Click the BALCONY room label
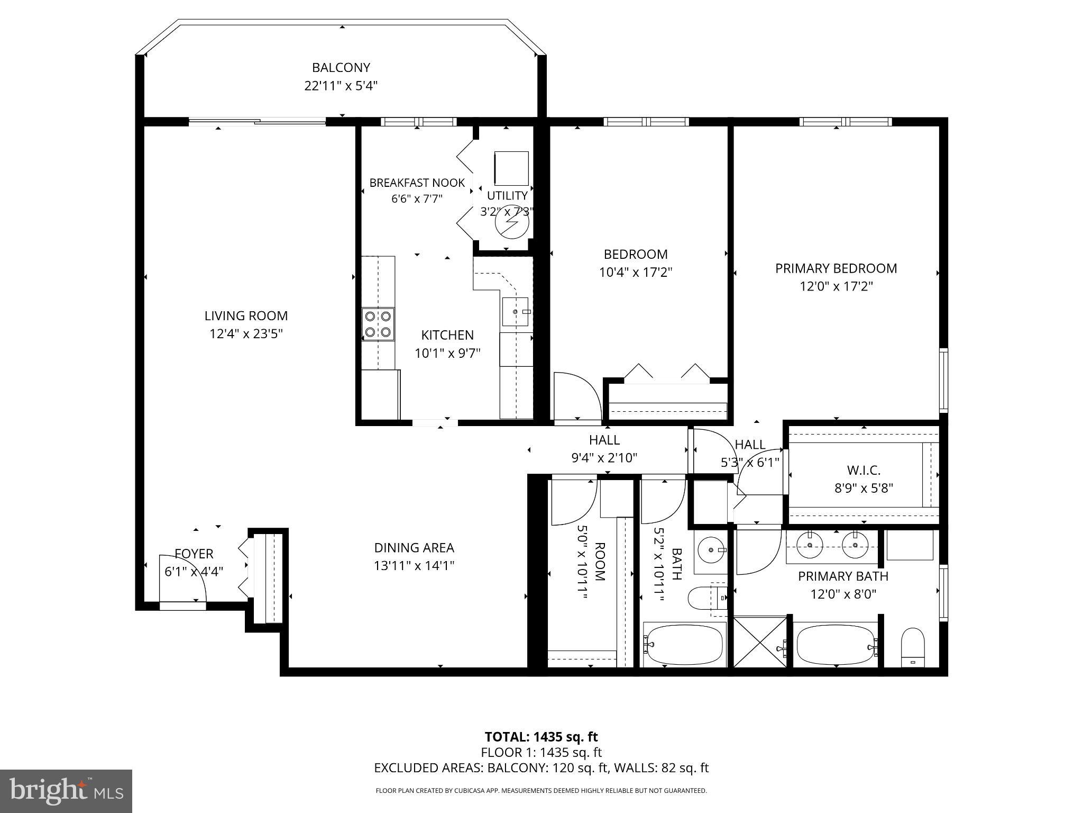point(341,68)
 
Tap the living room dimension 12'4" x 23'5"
point(246,334)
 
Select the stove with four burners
point(378,324)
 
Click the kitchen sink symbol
point(515,312)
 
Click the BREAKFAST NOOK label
point(417,183)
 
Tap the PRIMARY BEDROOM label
point(836,268)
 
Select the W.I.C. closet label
point(863,470)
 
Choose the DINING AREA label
point(414,548)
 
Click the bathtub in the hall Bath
point(684,644)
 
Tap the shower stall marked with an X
point(760,642)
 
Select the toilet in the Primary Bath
point(912,647)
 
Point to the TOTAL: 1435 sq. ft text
point(541,737)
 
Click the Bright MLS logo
point(66,791)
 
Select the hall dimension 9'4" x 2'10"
point(604,458)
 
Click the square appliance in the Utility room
point(511,168)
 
